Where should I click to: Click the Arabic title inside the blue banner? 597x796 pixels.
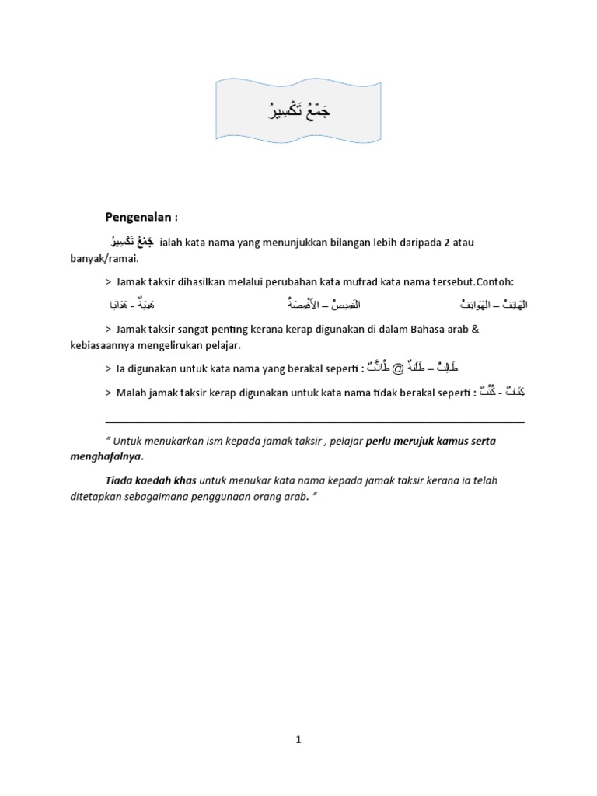[298, 112]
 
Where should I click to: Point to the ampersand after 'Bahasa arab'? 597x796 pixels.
[476, 329]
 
